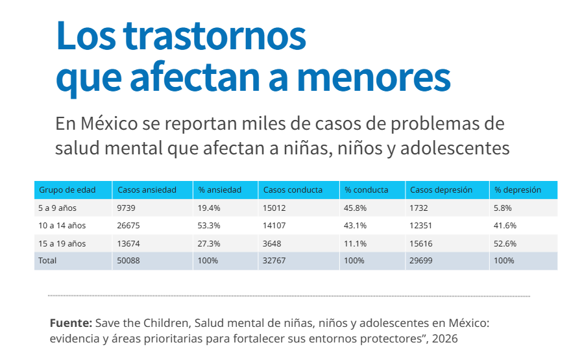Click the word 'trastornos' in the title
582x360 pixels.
tap(215, 36)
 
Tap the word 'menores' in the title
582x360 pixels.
tap(374, 78)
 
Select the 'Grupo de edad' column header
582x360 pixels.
tap(67, 190)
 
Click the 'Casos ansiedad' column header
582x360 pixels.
tap(147, 190)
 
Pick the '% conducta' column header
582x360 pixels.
tap(367, 190)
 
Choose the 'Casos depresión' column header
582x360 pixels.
tap(441, 190)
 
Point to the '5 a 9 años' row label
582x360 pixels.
tap(57, 208)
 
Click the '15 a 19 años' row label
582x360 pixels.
tap(62, 244)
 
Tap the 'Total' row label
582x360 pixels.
tap(47, 261)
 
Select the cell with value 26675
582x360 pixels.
tap(128, 226)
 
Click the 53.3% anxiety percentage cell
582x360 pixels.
tap(209, 226)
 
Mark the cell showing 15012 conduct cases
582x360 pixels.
tap(274, 208)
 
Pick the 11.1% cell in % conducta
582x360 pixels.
tap(355, 244)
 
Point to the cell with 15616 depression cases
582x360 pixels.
tap(421, 244)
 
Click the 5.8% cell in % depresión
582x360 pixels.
tap(503, 208)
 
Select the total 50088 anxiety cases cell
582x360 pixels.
tap(128, 261)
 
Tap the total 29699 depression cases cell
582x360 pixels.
tap(421, 261)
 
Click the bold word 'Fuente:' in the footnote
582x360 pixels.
tap(71, 323)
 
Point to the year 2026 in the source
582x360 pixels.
tap(444, 339)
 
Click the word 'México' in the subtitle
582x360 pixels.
tap(109, 124)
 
